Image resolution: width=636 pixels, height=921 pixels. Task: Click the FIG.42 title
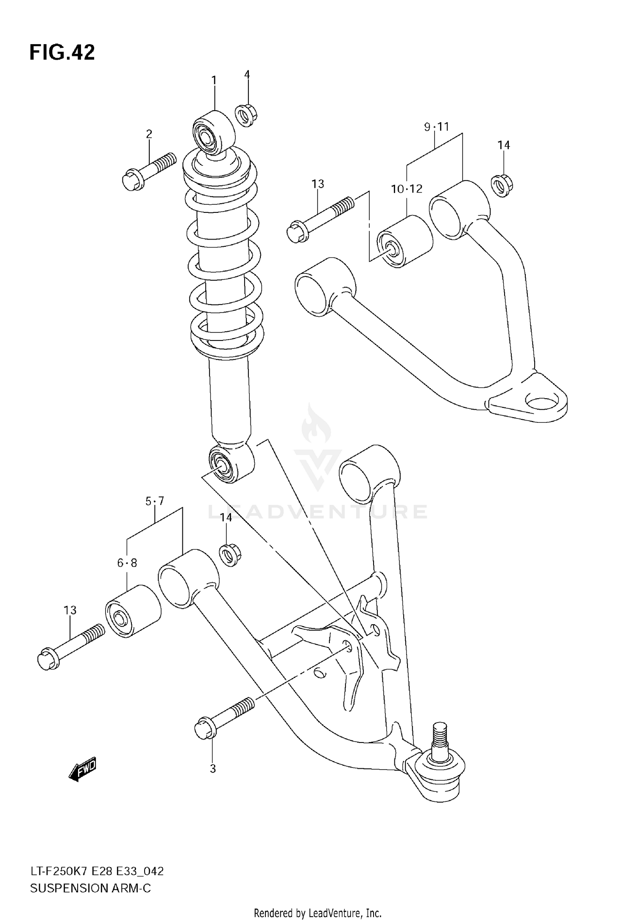coord(62,53)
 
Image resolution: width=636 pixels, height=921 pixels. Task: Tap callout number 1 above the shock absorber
coord(214,80)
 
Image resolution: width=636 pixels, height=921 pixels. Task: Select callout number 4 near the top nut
coord(247,75)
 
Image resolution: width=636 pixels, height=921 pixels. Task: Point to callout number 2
coord(149,134)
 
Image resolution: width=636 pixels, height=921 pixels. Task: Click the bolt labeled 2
coord(148,172)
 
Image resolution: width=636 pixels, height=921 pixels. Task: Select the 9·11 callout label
coord(436,126)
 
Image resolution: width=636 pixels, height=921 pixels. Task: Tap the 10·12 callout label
coord(407,189)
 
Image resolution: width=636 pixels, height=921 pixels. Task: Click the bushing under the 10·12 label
coord(404,242)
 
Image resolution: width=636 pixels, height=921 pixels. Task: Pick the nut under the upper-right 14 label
coord(502,185)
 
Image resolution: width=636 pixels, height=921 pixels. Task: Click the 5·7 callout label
coord(155,501)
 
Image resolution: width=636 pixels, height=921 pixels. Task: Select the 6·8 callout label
coord(127,563)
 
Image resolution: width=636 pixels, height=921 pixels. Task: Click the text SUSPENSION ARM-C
coord(90,888)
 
